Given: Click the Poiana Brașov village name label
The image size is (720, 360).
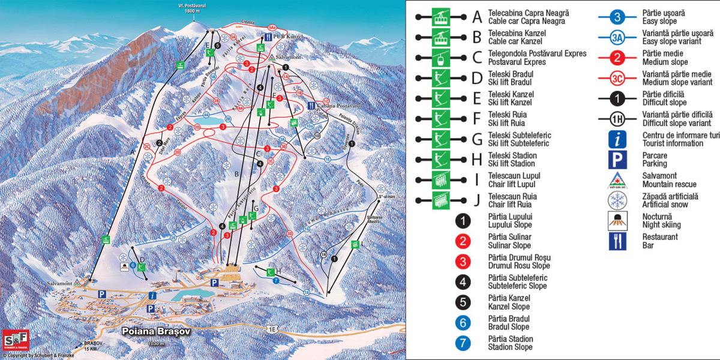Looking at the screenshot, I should pyautogui.click(x=155, y=331).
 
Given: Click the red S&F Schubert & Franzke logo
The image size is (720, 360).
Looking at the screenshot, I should pyautogui.click(x=16, y=341).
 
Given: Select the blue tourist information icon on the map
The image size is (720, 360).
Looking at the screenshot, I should pyautogui.click(x=152, y=295).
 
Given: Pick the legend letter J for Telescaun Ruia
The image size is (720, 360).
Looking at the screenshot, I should pyautogui.click(x=477, y=200).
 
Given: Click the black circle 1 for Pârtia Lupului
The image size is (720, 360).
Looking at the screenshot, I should pyautogui.click(x=463, y=221).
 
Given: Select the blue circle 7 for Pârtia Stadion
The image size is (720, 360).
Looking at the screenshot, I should pyautogui.click(x=463, y=343).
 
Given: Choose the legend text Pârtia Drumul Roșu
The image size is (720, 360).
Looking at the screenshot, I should pyautogui.click(x=519, y=262).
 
